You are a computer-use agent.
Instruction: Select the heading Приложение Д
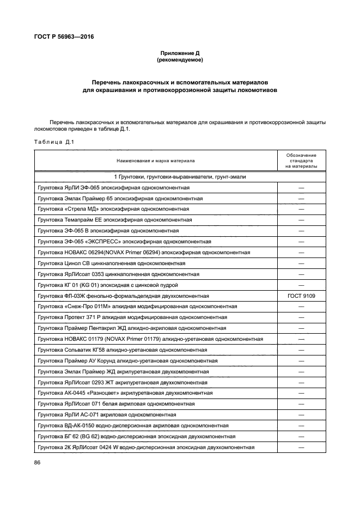(x=180, y=53)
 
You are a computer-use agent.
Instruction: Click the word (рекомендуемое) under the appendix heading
(x=180, y=60)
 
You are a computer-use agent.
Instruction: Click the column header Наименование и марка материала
(x=155, y=161)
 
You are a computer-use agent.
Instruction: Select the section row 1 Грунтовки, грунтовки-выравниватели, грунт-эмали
(x=180, y=177)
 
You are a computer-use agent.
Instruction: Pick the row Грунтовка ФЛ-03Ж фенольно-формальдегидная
(x=123, y=296)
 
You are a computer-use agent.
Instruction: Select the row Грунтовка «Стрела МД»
(x=113, y=209)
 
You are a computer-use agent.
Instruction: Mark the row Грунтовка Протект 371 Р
(x=132, y=317)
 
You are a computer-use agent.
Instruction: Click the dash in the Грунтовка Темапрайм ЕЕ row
(x=301, y=220)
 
